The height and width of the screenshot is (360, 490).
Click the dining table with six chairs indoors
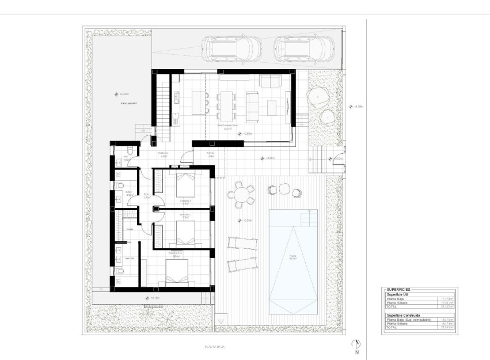(x=226, y=101)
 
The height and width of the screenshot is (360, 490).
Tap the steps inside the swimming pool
(x=310, y=218)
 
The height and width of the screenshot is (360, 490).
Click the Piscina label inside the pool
(x=293, y=257)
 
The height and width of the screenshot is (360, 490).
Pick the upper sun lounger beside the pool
(x=241, y=242)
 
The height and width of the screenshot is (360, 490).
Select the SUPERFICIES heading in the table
(x=398, y=289)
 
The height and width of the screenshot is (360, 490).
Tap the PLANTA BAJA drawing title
(x=214, y=346)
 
